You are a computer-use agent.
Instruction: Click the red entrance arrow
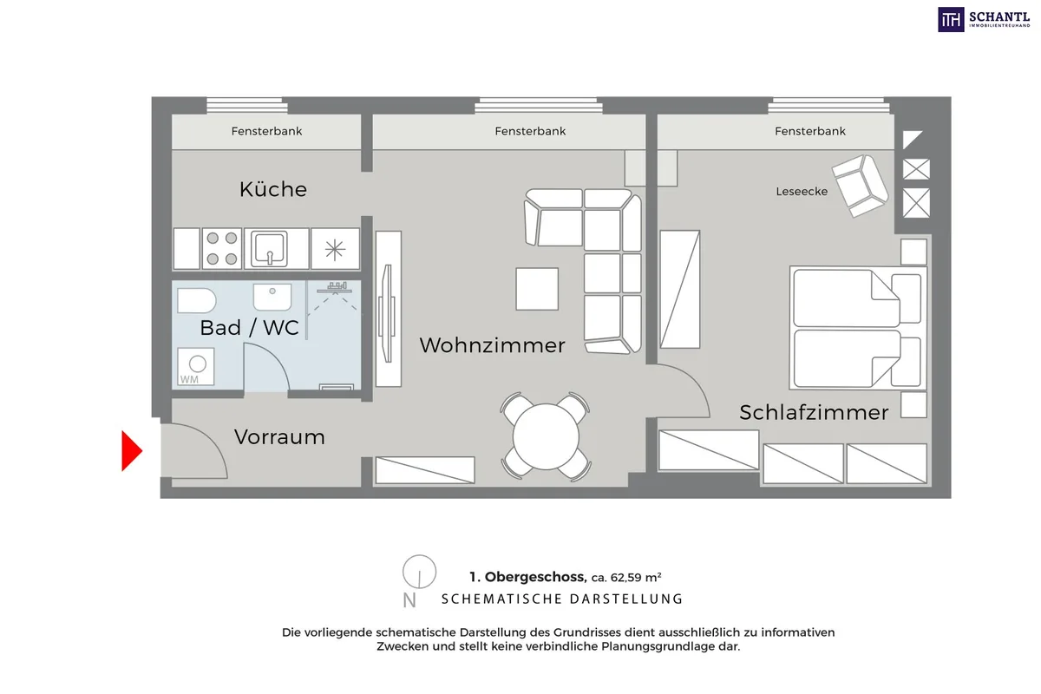[132, 451]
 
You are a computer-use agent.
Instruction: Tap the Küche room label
[273, 189]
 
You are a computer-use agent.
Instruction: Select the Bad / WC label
[249, 328]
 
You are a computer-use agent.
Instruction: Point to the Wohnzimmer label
[492, 345]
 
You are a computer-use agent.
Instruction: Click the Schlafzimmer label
[814, 412]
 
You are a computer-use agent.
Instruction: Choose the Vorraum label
[279, 437]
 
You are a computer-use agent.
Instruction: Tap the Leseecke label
[802, 191]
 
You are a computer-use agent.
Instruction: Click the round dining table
[546, 436]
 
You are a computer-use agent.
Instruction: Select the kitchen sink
[269, 249]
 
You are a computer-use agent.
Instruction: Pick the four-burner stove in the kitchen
[222, 249]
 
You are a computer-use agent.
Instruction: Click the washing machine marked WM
[196, 366]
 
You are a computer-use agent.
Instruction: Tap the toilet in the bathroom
[197, 301]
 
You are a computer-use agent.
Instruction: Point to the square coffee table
[537, 289]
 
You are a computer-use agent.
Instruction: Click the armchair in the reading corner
[861, 186]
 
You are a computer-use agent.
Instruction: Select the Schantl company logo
[984, 20]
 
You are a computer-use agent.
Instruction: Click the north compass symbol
[419, 572]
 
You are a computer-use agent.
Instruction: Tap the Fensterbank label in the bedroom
[810, 131]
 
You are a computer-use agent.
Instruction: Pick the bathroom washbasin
[272, 297]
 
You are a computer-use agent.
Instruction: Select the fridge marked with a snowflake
[335, 249]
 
